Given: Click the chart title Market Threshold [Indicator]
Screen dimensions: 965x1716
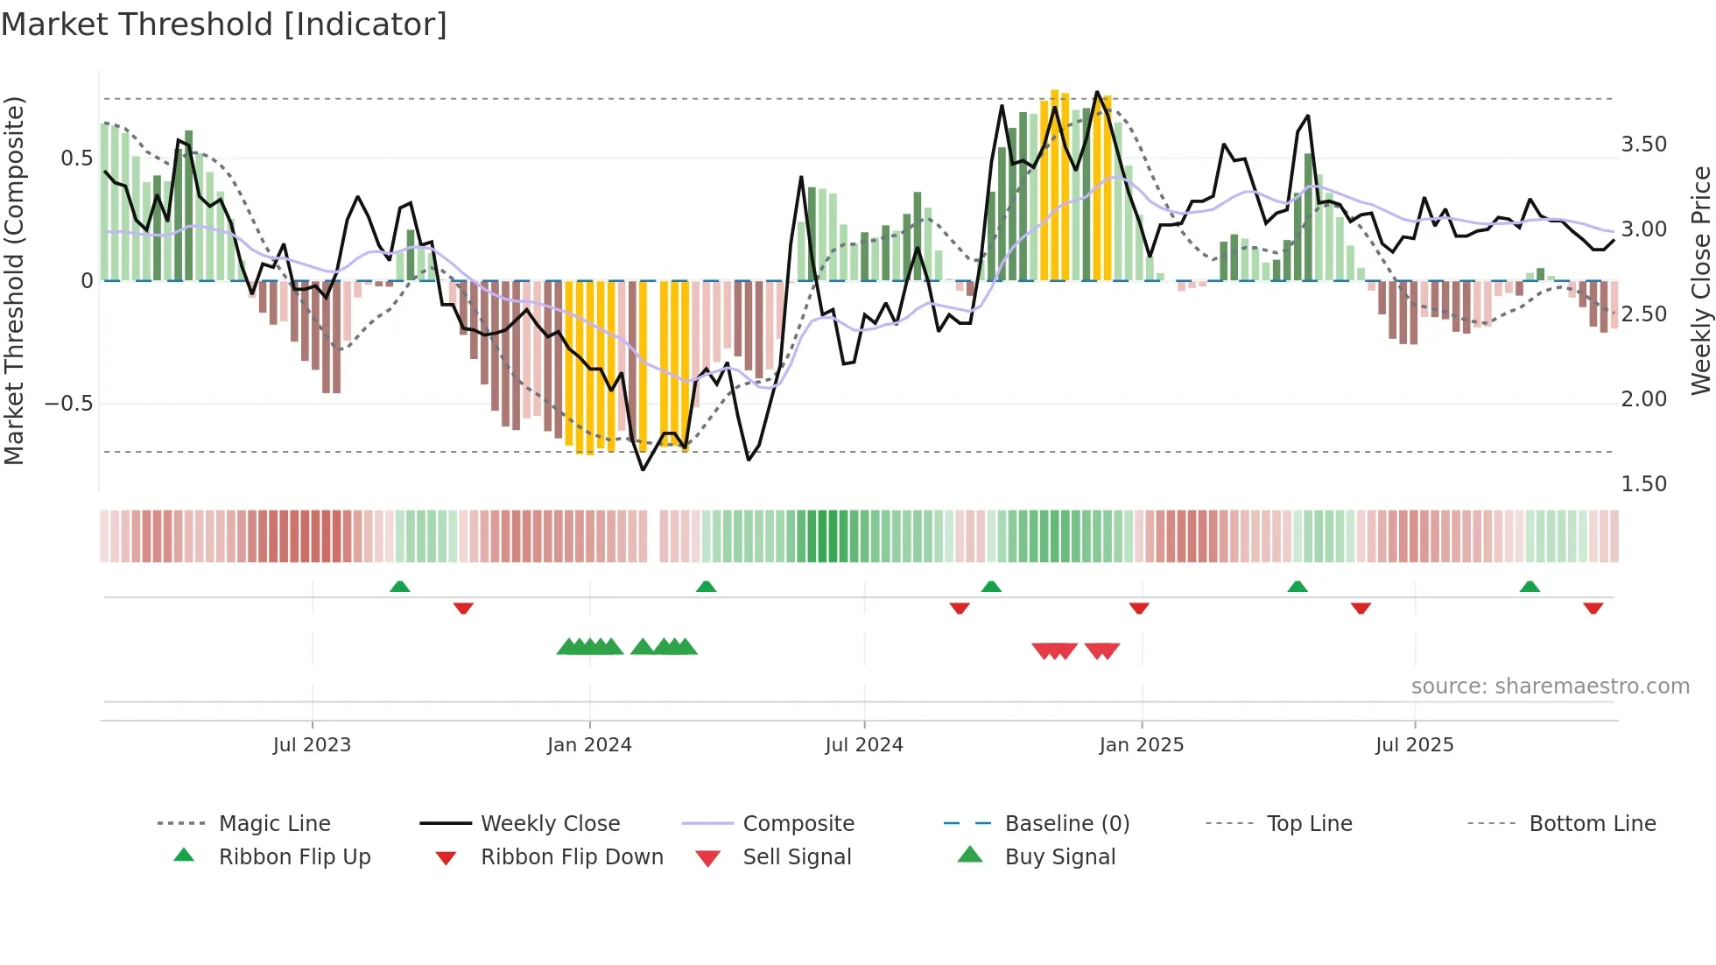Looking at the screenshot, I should tap(224, 25).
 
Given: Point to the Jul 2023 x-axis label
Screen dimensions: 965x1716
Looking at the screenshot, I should tap(312, 745).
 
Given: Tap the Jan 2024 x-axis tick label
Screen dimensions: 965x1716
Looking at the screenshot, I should tap(589, 745).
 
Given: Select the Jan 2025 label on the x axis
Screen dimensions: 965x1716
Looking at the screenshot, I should tap(1141, 745).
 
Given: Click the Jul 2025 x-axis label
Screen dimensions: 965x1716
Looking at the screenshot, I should tap(1414, 745).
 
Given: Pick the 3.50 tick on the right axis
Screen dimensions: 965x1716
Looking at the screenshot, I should tap(1643, 144).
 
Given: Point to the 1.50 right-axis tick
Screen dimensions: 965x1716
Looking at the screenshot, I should tap(1643, 484).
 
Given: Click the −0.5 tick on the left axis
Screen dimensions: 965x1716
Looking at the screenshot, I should tap(69, 404).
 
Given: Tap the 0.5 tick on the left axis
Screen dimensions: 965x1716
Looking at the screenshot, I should tap(76, 158).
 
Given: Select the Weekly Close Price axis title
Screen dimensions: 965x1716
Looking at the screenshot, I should tap(1700, 280).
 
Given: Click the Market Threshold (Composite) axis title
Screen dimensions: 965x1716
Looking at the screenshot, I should tap(14, 280).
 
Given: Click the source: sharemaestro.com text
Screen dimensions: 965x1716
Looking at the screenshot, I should tap(1550, 687).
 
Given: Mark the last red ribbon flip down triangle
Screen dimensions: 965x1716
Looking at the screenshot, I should tap(1593, 608).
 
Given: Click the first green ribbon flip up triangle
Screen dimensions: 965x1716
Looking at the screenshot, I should tap(399, 587).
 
